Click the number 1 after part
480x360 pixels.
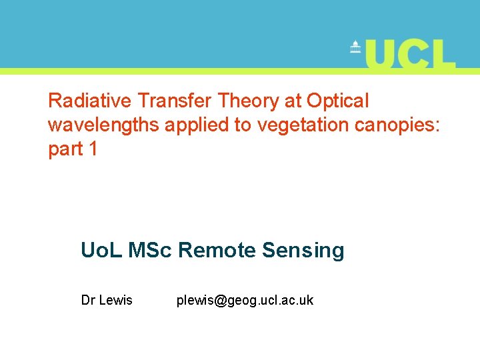[x=93, y=149]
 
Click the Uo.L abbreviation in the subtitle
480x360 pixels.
[x=102, y=251]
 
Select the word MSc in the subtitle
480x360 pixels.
[x=151, y=251]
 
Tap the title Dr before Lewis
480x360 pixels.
[x=88, y=301]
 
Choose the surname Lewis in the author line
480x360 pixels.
[x=116, y=301]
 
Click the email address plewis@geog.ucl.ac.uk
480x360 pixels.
[x=245, y=301]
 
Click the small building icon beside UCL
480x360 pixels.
[x=355, y=48]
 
